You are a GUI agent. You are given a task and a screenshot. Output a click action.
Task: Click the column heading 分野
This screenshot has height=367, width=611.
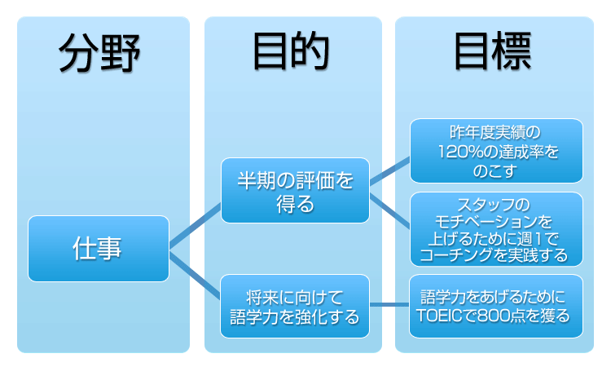pyautogui.click(x=99, y=55)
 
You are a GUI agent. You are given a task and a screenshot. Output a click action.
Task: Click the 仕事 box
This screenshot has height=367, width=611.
pyautogui.click(x=99, y=249)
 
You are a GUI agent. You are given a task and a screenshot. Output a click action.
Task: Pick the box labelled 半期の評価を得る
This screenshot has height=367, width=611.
pyautogui.click(x=295, y=192)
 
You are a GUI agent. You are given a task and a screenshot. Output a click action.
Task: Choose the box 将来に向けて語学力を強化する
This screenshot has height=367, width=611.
pyautogui.click(x=295, y=306)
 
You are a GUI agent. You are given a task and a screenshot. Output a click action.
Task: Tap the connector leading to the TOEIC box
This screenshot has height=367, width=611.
pyautogui.click(x=389, y=306)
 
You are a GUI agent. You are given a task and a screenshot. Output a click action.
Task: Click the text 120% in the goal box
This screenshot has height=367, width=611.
pyautogui.click(x=459, y=152)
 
